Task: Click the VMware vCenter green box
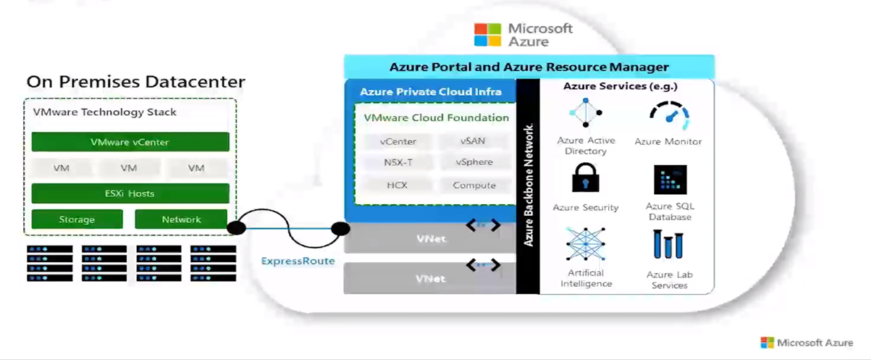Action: point(130,142)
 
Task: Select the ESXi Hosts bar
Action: point(130,193)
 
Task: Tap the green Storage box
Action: point(77,219)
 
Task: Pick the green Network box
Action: point(181,219)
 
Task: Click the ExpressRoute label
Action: point(298,261)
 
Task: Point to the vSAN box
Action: point(474,141)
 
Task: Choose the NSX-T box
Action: point(398,162)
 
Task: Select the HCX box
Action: point(397,185)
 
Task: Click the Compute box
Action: point(474,185)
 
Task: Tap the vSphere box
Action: point(474,162)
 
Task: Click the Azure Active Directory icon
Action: point(586,113)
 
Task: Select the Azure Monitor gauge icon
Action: point(668,115)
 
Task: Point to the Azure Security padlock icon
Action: point(586,178)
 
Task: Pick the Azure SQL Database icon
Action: point(670,180)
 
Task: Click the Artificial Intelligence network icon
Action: point(586,244)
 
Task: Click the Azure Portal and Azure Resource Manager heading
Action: point(529,67)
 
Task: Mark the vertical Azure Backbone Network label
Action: point(529,185)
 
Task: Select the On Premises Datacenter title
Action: point(136,82)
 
